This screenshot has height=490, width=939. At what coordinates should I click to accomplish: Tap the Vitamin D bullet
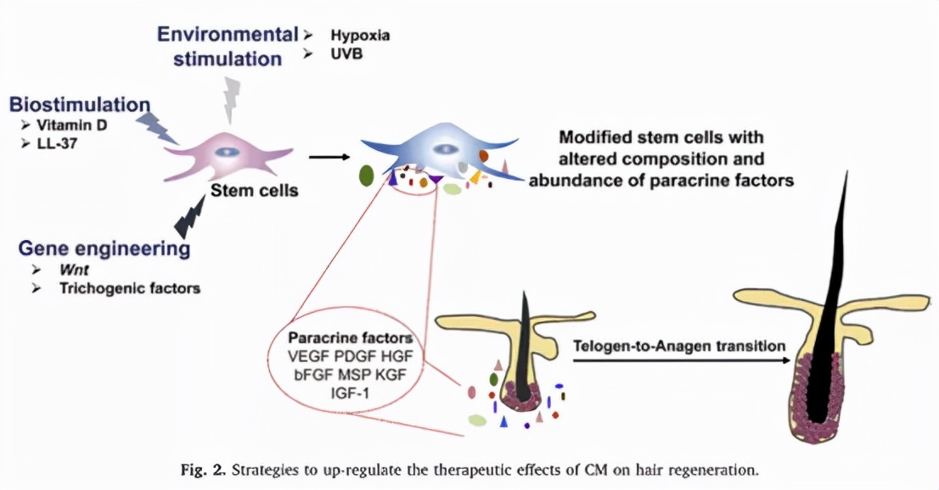69,125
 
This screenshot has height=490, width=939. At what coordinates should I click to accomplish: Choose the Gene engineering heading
104,249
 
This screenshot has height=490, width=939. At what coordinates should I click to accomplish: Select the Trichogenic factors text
129,288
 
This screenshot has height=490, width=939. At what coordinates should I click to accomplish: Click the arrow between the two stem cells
329,156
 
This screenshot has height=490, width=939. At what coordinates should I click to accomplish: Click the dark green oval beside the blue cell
367,175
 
